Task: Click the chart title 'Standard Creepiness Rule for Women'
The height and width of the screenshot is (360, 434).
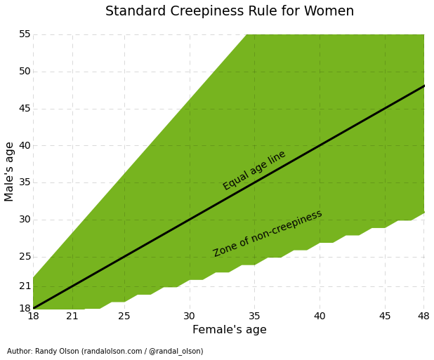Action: [x=230, y=11]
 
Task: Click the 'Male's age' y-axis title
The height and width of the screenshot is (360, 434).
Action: [x=10, y=171]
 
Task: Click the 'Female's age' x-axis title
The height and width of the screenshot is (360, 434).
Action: [x=230, y=330]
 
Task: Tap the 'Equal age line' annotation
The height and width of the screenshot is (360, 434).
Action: [x=254, y=170]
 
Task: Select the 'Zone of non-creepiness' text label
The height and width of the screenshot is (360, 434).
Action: [x=268, y=233]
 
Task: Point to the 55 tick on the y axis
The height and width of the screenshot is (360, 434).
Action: [x=25, y=34]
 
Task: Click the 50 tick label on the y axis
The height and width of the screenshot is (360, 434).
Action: [x=25, y=72]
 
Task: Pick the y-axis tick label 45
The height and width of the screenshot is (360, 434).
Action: [x=25, y=109]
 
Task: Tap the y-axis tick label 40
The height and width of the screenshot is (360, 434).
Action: [x=25, y=145]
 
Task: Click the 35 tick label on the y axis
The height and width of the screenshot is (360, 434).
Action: [x=25, y=182]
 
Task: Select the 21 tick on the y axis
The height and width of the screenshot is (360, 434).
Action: [x=25, y=286]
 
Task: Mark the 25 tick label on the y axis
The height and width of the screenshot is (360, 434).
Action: [x=25, y=257]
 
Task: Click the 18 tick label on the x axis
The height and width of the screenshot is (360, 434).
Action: [x=33, y=316]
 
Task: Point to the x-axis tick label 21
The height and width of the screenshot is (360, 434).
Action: [x=72, y=316]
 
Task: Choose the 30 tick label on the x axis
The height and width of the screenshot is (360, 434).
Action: [x=190, y=316]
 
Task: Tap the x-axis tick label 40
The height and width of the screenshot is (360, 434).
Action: [x=320, y=316]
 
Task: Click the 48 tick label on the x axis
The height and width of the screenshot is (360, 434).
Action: [x=423, y=316]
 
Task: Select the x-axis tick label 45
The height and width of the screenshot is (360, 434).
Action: [x=385, y=316]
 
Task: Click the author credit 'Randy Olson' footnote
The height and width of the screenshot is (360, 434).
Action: [x=105, y=352]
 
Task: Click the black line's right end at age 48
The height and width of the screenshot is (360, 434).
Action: [x=423, y=86]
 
